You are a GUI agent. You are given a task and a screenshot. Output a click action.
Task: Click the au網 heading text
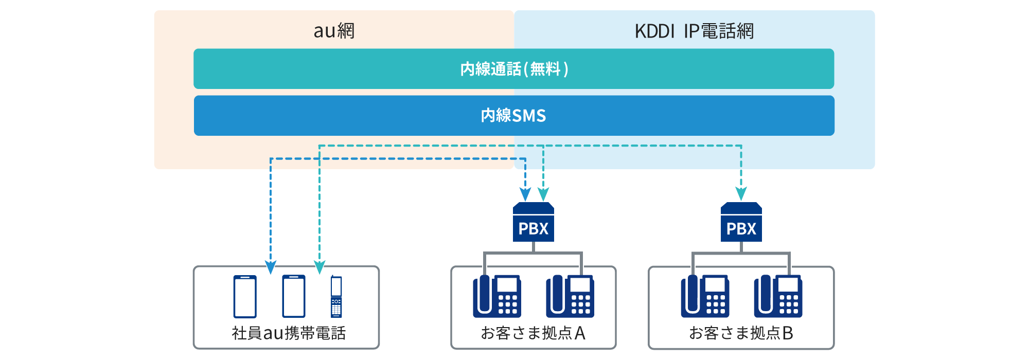(334, 31)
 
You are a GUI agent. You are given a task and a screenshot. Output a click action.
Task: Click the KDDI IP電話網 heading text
(694, 31)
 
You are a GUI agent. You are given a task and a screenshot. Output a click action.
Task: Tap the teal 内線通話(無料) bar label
(514, 69)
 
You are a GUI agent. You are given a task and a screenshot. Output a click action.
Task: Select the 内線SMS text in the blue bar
(513, 116)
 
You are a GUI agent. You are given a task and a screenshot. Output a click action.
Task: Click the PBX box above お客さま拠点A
(534, 223)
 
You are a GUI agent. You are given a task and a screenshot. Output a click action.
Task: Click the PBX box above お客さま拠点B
(741, 223)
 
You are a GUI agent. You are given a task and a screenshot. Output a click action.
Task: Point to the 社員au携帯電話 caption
(289, 333)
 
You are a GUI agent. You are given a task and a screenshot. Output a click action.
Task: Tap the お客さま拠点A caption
(533, 333)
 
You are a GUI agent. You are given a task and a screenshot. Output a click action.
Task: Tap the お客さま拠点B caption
(741, 333)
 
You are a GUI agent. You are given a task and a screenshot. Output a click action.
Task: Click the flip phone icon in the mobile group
(336, 296)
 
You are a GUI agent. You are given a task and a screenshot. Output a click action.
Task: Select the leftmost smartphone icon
(245, 296)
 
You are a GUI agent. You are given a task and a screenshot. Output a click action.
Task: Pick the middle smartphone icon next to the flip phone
(294, 296)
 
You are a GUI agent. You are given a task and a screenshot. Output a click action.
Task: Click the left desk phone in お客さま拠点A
(497, 296)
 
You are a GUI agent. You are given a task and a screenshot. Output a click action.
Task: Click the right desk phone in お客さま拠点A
(570, 296)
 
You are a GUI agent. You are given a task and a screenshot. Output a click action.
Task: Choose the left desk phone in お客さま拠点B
(705, 296)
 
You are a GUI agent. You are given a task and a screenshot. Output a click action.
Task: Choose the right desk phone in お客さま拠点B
(778, 296)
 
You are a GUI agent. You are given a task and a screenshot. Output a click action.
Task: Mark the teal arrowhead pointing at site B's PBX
(741, 194)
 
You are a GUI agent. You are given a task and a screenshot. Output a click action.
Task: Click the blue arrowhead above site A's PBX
(525, 194)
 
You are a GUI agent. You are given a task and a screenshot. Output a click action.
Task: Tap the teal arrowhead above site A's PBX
(543, 194)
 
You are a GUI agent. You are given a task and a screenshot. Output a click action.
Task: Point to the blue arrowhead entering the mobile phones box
(271, 267)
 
